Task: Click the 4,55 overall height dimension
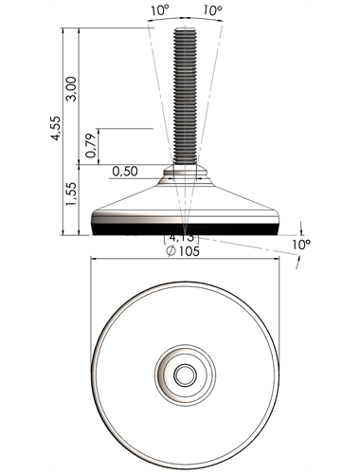coord(56,128)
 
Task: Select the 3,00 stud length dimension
coord(71,89)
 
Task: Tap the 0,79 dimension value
coord(91,146)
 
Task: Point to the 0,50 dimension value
coord(125,172)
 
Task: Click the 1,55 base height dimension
coord(71,193)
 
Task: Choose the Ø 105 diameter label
coord(183,251)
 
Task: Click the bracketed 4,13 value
coord(181,238)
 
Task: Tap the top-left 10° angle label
coord(160,10)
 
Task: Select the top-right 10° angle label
coord(212,10)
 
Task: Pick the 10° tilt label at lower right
coord(301,245)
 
